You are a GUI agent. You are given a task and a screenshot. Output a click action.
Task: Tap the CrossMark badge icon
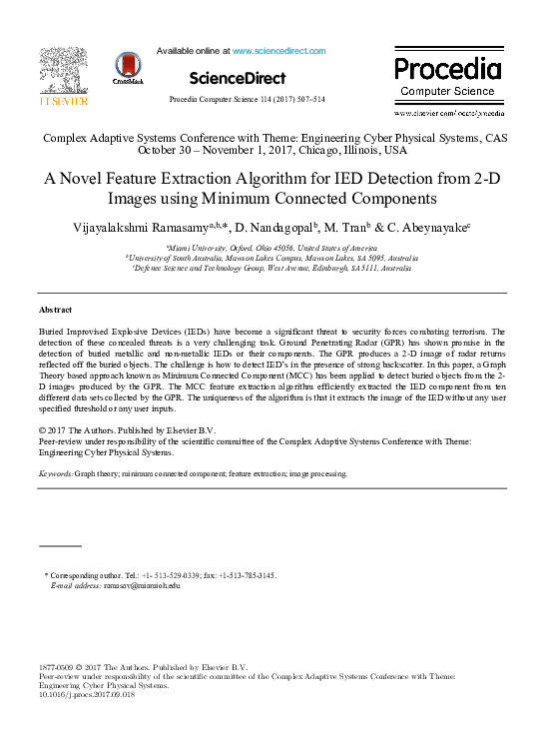click(x=128, y=67)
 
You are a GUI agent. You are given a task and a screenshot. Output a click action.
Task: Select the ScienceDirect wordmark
click(x=237, y=78)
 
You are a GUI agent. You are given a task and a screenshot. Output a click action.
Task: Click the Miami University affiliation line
click(x=271, y=246)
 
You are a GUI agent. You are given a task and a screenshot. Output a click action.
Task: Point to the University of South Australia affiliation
click(x=271, y=257)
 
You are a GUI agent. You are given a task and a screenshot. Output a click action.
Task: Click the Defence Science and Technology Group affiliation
click(x=271, y=268)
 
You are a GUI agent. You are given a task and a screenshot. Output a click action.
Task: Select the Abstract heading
click(x=55, y=311)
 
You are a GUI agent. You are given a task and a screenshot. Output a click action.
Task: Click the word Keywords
click(x=55, y=474)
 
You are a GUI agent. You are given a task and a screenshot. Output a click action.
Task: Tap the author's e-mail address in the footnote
click(x=132, y=586)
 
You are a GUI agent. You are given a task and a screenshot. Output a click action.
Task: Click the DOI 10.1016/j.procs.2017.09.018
click(x=86, y=695)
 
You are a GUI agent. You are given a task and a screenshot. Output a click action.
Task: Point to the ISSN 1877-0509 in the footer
click(x=56, y=666)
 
